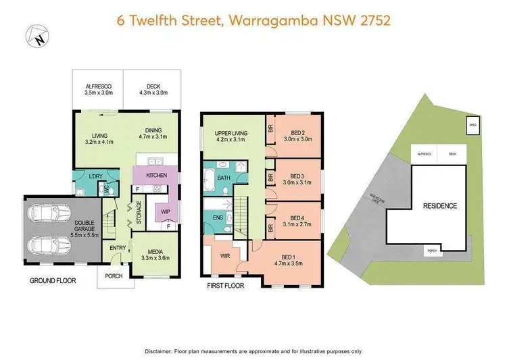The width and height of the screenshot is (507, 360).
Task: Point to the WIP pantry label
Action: [x=165, y=211]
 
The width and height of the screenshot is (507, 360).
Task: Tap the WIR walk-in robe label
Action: [x=226, y=255]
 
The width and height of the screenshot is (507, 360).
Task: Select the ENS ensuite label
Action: [x=217, y=218]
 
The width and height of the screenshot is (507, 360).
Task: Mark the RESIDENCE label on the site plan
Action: [x=439, y=205]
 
